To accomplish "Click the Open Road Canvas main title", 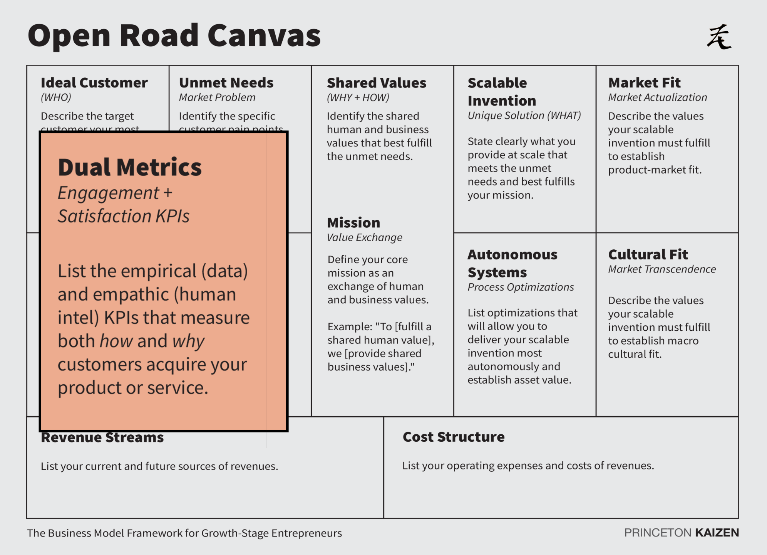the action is (x=174, y=35).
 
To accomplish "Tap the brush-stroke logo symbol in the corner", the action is (x=719, y=37).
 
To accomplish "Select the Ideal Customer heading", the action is (x=94, y=82).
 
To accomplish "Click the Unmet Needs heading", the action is (x=226, y=82).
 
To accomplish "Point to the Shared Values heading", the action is (x=376, y=83).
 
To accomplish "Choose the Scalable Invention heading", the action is (x=501, y=92).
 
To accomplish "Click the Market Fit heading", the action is (x=644, y=82).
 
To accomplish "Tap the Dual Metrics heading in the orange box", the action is (x=130, y=167).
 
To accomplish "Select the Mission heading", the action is (x=353, y=222).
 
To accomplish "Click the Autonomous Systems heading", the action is (x=512, y=263).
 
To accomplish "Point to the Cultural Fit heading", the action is (x=648, y=254).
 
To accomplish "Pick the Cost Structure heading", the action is (x=454, y=437).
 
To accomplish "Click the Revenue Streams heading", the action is (x=102, y=438).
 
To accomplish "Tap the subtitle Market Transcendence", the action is (x=662, y=269).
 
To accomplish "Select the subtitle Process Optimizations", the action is (x=521, y=287).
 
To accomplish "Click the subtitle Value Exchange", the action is (x=364, y=237).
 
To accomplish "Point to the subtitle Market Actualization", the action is (x=657, y=98).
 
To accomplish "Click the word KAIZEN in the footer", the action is (x=717, y=533).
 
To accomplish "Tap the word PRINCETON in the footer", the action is (x=657, y=533).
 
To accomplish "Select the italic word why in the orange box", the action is (x=188, y=341).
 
